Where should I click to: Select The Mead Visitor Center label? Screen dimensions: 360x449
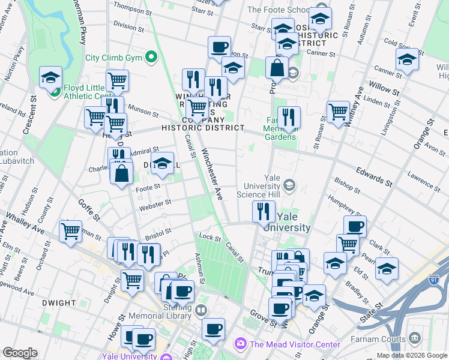point(295,344)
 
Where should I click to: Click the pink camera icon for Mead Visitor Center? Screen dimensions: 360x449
point(241,344)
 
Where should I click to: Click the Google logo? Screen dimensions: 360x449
point(20,353)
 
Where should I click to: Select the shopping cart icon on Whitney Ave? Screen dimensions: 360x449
point(339,110)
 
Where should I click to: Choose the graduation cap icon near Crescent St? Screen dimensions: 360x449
point(51,76)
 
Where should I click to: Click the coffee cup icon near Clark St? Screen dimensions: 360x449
point(355,226)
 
